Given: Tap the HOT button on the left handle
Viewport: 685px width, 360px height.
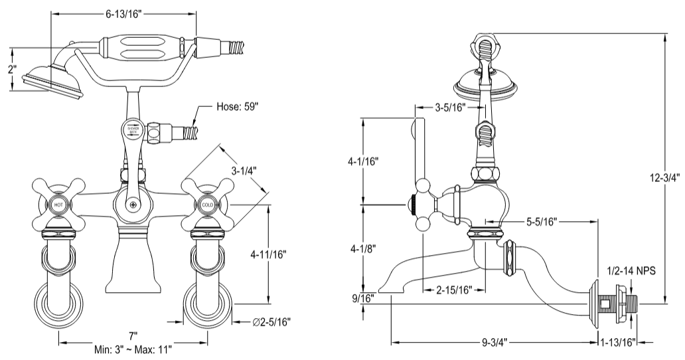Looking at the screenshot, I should coord(60,205).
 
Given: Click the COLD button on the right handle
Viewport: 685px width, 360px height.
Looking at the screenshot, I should coord(208,205).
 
